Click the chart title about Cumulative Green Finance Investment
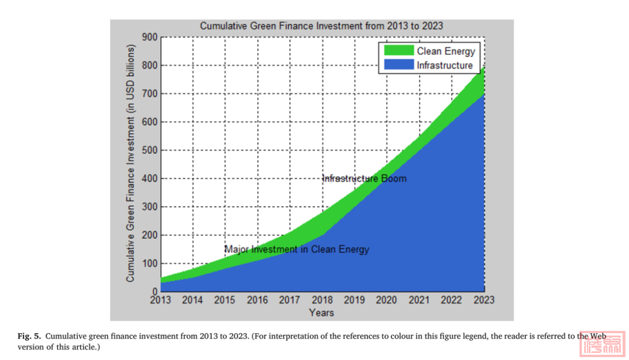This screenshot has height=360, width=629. click(321, 26)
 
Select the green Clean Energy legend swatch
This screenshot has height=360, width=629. click(398, 51)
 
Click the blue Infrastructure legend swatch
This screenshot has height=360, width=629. click(398, 65)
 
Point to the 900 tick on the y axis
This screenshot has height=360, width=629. click(150, 37)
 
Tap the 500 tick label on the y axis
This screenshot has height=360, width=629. click(150, 150)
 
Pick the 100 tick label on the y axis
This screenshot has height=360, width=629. click(150, 263)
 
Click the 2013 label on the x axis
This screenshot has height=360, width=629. click(160, 300)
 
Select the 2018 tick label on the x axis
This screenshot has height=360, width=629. click(322, 300)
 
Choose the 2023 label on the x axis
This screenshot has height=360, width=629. click(484, 300)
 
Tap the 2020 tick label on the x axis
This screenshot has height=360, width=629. click(387, 300)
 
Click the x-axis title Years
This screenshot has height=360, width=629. click(321, 313)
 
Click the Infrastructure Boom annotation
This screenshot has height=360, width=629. click(365, 178)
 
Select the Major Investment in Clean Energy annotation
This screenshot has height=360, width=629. click(297, 249)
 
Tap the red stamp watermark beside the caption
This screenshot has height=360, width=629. click(603, 344)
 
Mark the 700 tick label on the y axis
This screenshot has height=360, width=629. click(150, 94)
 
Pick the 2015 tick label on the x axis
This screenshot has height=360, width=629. click(225, 300)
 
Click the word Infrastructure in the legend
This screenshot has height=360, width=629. click(444, 65)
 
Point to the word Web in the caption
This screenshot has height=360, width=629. click(598, 336)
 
